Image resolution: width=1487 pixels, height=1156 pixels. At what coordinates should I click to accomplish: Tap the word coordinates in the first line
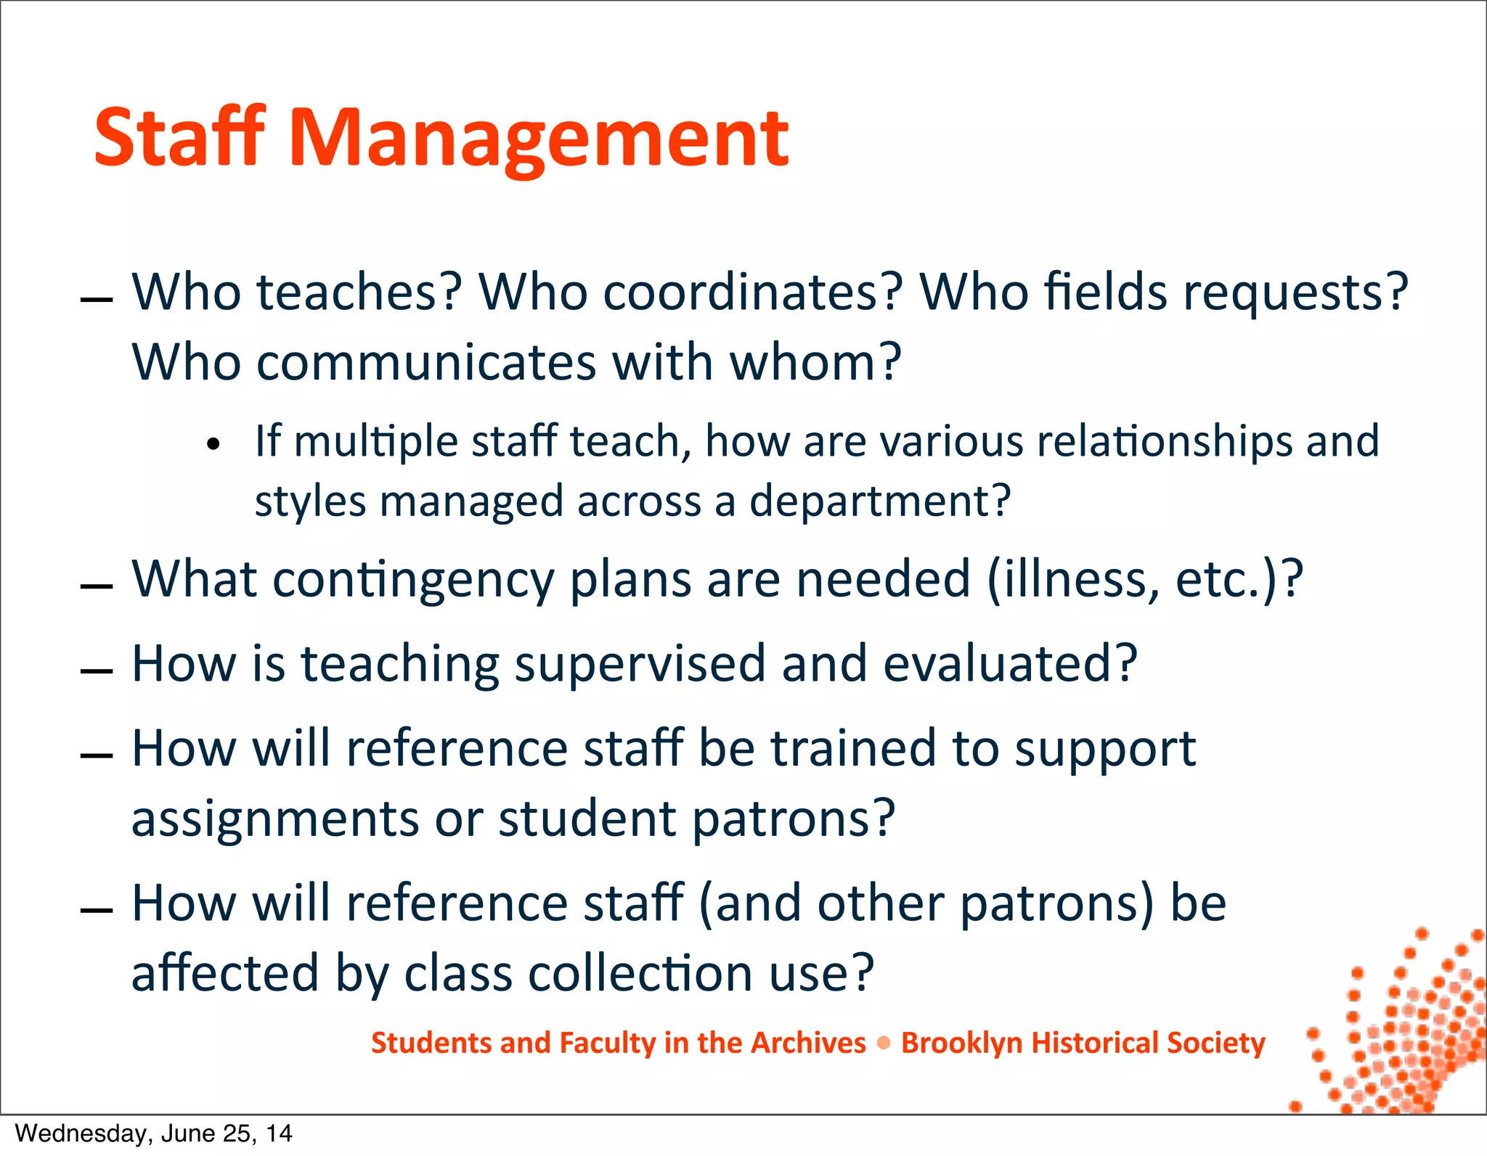click(752, 292)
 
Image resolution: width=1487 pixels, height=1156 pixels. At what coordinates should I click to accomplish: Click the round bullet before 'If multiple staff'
click(213, 444)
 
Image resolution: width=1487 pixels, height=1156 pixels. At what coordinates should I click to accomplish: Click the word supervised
click(640, 665)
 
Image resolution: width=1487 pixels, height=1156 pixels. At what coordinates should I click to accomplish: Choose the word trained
click(853, 748)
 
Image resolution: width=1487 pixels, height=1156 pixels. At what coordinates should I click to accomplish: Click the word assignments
click(275, 819)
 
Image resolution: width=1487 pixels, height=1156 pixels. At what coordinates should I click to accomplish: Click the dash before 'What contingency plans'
click(97, 586)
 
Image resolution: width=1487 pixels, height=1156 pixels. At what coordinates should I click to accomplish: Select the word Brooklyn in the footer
click(961, 1043)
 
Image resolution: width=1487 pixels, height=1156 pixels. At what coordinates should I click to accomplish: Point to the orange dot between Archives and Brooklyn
click(884, 1044)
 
